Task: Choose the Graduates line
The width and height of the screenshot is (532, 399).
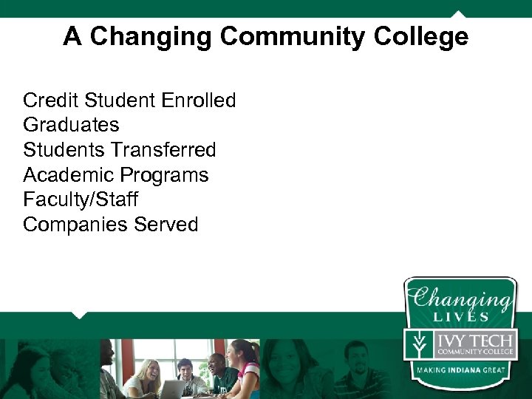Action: pyautogui.click(x=71, y=125)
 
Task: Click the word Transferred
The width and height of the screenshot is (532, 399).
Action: pyautogui.click(x=164, y=150)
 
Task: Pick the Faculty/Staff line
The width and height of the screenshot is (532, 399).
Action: pyautogui.click(x=80, y=199)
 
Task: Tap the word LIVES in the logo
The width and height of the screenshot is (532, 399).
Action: pyautogui.click(x=462, y=317)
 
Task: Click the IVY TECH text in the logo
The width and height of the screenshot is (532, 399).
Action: pyautogui.click(x=474, y=341)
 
